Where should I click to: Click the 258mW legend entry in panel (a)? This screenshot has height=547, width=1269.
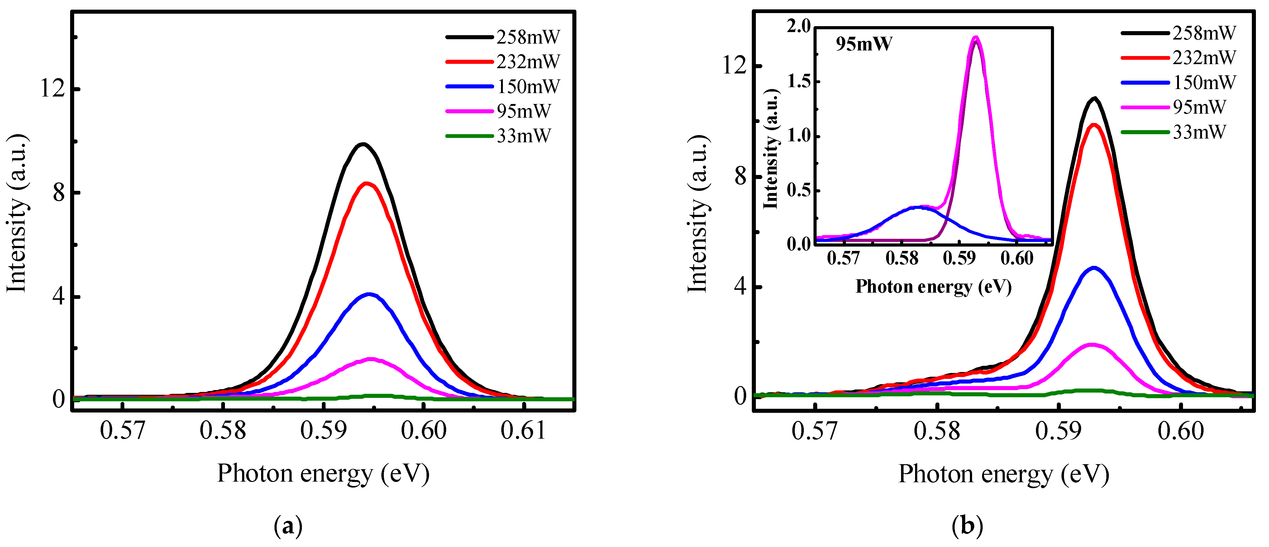pyautogui.click(x=503, y=37)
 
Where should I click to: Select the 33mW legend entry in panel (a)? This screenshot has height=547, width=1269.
pyautogui.click(x=499, y=135)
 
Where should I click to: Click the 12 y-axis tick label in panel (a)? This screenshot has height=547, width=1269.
pyautogui.click(x=53, y=89)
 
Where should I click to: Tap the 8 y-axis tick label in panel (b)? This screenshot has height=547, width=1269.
pyautogui.click(x=740, y=176)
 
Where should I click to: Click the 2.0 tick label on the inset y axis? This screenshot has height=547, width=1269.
pyautogui.click(x=799, y=26)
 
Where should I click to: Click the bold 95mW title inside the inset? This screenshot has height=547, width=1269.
pyautogui.click(x=864, y=44)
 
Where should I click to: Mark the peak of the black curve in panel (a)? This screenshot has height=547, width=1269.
pyautogui.click(x=364, y=144)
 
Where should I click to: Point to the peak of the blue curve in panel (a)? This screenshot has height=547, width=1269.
pyautogui.click(x=369, y=295)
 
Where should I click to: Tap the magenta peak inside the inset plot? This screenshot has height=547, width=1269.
pyautogui.click(x=976, y=37)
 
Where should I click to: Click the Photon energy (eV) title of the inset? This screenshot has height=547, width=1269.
pyautogui.click(x=933, y=286)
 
